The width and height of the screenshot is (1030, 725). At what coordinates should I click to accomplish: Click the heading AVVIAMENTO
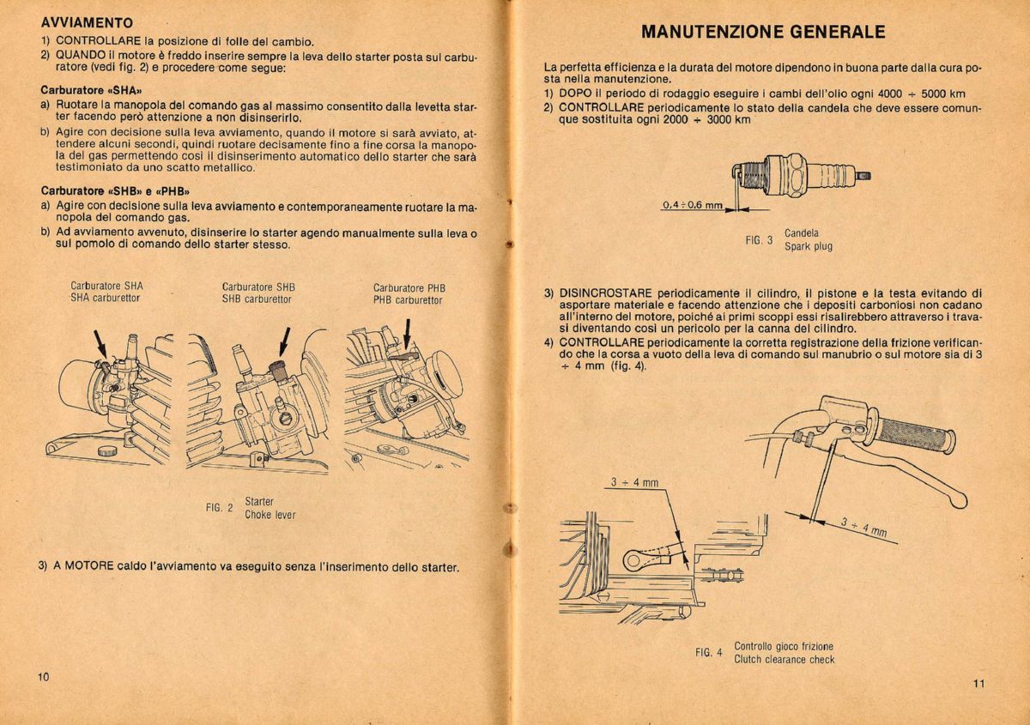click(x=87, y=23)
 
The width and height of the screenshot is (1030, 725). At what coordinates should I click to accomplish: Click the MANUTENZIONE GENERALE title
click(x=763, y=33)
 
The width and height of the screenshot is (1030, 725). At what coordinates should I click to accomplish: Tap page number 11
click(x=979, y=683)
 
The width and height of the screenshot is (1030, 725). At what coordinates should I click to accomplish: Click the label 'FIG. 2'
click(x=219, y=508)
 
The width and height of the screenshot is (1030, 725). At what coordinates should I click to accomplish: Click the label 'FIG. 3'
click(x=759, y=240)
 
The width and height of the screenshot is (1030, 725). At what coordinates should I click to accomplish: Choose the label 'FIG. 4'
click(x=708, y=653)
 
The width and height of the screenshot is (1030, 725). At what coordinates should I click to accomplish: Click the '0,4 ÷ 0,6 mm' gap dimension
click(x=692, y=206)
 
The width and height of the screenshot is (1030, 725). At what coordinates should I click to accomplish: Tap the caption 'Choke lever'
click(x=270, y=515)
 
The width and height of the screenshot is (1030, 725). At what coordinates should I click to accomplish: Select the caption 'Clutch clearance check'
click(x=784, y=660)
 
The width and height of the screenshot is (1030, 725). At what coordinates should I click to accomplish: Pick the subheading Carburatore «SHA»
click(x=91, y=89)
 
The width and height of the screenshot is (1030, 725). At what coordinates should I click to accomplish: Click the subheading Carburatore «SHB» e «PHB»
click(x=115, y=190)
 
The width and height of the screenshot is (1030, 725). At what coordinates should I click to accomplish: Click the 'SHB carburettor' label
click(x=257, y=299)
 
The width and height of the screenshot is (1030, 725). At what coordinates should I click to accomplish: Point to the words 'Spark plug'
click(x=808, y=246)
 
